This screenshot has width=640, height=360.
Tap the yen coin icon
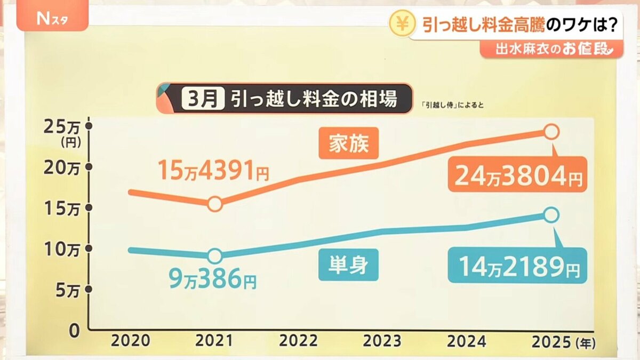pos(399,25)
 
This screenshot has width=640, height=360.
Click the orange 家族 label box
pos(348,143)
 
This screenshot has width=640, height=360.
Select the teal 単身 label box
pos(348,265)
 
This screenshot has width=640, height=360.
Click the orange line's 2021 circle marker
pos(214,204)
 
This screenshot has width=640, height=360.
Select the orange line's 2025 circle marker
pos(551,131)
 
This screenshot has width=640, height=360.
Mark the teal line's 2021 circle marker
pos(214,256)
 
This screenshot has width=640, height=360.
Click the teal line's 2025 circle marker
pos(551,215)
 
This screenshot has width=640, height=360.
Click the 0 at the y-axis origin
pos(74,331)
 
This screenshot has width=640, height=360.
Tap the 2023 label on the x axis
pos(382,341)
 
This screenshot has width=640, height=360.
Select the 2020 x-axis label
pos(131,341)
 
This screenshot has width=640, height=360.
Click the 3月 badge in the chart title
pos(202,99)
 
